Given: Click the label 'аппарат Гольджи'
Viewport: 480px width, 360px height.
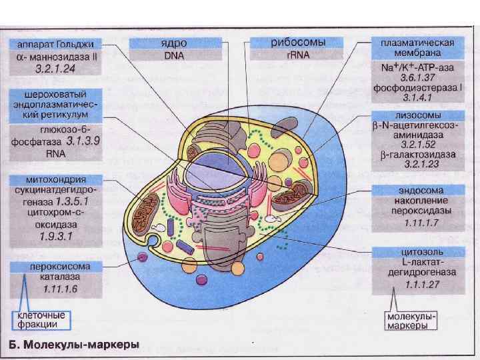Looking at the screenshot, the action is pos(56,43).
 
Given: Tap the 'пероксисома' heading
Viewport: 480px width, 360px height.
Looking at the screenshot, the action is pos(56,266).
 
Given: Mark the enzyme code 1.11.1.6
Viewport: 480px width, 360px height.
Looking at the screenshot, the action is pos(61,288).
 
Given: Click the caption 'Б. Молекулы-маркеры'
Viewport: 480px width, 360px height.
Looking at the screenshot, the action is pos(74,345).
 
